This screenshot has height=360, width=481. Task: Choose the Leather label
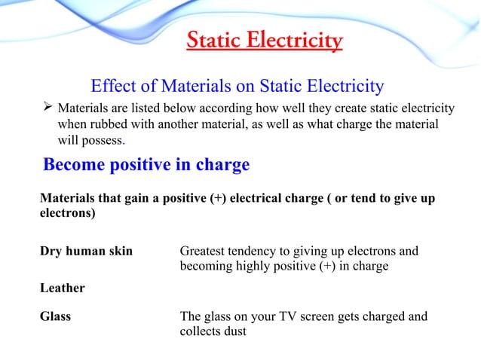[62, 288]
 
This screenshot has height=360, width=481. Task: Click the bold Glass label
[55, 316]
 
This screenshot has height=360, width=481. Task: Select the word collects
[201, 331]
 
